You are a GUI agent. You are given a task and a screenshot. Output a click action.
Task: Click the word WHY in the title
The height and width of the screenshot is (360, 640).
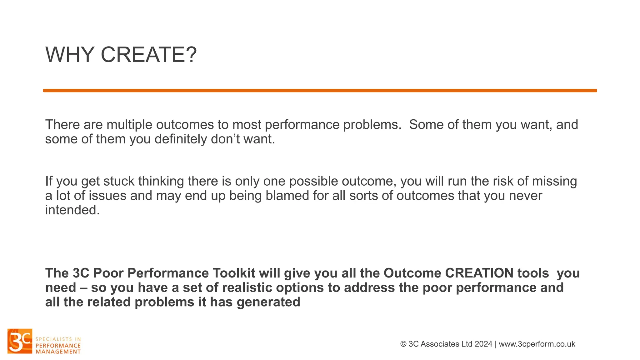(70, 55)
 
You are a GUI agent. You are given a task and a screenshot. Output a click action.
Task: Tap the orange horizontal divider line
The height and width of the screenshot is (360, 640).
(320, 91)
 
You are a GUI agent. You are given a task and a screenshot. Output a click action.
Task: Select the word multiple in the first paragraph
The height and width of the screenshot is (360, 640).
(129, 125)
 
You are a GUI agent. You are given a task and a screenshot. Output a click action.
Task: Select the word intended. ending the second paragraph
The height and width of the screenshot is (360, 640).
(72, 210)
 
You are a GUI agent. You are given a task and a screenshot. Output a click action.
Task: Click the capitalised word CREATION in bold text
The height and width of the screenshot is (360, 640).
(479, 273)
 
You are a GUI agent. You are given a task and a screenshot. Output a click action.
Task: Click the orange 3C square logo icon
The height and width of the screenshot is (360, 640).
(20, 341)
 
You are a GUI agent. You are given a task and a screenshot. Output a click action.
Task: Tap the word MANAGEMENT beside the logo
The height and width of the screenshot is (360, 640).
(58, 352)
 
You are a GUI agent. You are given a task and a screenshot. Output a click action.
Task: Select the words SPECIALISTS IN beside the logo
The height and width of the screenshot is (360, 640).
(58, 339)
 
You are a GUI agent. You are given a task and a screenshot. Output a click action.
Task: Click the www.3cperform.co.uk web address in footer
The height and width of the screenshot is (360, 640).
(537, 344)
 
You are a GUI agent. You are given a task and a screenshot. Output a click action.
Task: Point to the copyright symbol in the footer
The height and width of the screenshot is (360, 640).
(403, 344)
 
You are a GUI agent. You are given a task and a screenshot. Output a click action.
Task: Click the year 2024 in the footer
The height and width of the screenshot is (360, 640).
(483, 344)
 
